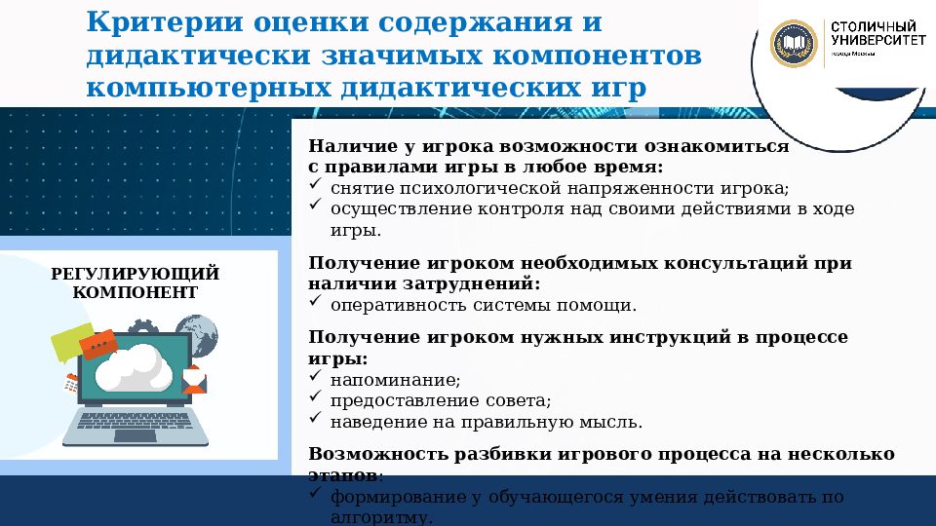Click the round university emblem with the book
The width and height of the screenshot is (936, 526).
click(794, 45)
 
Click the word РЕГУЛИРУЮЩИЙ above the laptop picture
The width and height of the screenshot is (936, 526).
click(136, 274)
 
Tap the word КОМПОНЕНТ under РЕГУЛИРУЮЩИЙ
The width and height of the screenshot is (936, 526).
click(136, 292)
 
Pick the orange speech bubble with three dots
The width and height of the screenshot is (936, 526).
click(98, 344)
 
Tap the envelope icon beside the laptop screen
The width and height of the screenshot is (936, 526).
click(194, 380)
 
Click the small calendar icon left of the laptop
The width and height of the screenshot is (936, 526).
click(71, 383)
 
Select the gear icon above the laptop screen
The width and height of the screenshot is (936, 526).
click(139, 326)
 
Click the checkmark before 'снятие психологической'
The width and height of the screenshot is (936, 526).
click(315, 185)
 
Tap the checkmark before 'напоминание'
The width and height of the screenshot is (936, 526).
click(315, 377)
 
